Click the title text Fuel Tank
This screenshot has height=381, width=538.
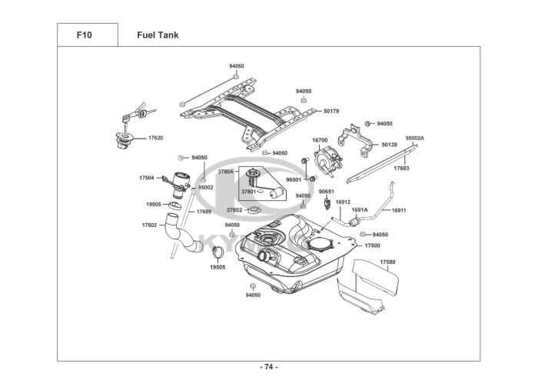click(158, 35)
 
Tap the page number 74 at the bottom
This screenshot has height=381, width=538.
click(268, 366)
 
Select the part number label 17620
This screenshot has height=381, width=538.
click(155, 138)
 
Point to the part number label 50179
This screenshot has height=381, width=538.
click(331, 112)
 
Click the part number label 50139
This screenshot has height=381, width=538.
click(390, 144)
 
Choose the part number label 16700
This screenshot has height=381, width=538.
click(320, 140)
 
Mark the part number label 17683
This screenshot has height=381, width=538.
click(401, 166)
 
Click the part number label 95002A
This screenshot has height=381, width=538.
click(415, 139)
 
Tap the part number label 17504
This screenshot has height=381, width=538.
click(147, 178)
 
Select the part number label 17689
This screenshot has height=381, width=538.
click(204, 211)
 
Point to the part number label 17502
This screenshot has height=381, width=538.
click(149, 226)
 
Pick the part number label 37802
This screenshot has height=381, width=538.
click(234, 209)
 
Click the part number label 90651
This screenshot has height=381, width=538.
click(327, 191)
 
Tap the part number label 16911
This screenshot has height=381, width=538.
click(399, 209)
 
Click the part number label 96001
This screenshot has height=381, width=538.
click(294, 179)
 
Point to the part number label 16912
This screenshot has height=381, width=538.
click(343, 202)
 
